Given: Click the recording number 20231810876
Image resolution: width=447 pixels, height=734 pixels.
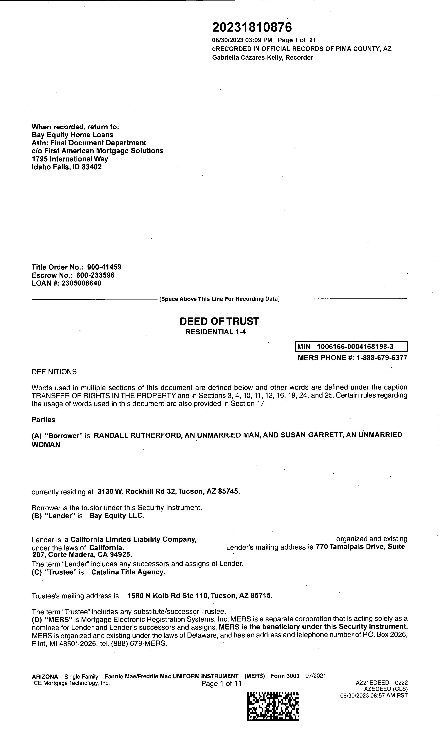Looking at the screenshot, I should [x=252, y=27].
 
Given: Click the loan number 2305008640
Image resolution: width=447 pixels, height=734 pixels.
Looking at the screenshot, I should [x=81, y=283].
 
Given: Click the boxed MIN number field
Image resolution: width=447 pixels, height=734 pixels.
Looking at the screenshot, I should [x=351, y=346].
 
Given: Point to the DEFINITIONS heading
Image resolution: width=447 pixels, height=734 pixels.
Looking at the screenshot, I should [x=54, y=372].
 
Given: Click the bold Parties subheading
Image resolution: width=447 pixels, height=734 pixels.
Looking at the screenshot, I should [x=43, y=420].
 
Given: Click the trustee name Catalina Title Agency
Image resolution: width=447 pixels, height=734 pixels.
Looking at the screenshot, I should [x=128, y=572].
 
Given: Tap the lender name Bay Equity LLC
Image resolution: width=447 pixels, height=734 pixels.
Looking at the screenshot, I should [x=117, y=516].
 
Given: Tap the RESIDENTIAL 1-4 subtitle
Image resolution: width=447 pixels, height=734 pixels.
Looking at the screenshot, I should [x=216, y=332].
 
